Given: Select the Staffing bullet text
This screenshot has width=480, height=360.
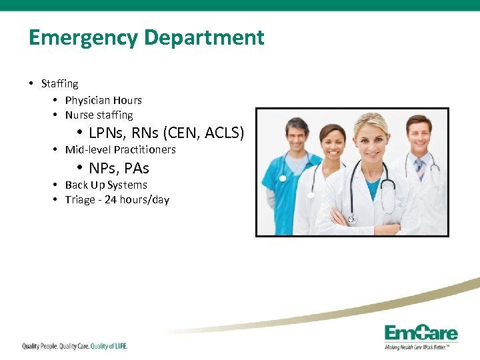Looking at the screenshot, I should pos(59,84).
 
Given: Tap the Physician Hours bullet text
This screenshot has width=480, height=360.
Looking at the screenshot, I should pos(103,100).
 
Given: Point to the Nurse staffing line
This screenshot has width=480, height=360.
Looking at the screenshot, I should pos(99,115).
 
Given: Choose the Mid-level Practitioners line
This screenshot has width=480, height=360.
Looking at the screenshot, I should pos(120,149).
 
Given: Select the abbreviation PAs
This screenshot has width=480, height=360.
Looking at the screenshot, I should pos(137,167).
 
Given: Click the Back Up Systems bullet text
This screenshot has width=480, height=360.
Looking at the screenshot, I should pos(105,185).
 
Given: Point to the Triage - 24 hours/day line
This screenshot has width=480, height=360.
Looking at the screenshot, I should pos(117,199).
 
